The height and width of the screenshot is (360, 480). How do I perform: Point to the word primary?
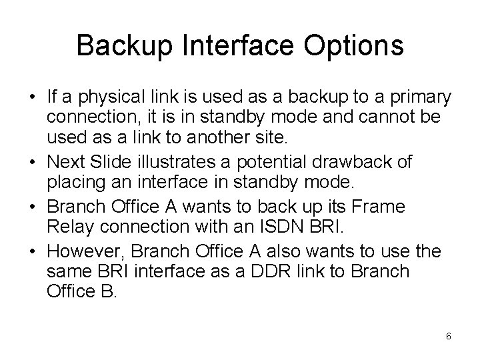coord(420,97)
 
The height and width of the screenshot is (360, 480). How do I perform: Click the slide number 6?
coord(449,336)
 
